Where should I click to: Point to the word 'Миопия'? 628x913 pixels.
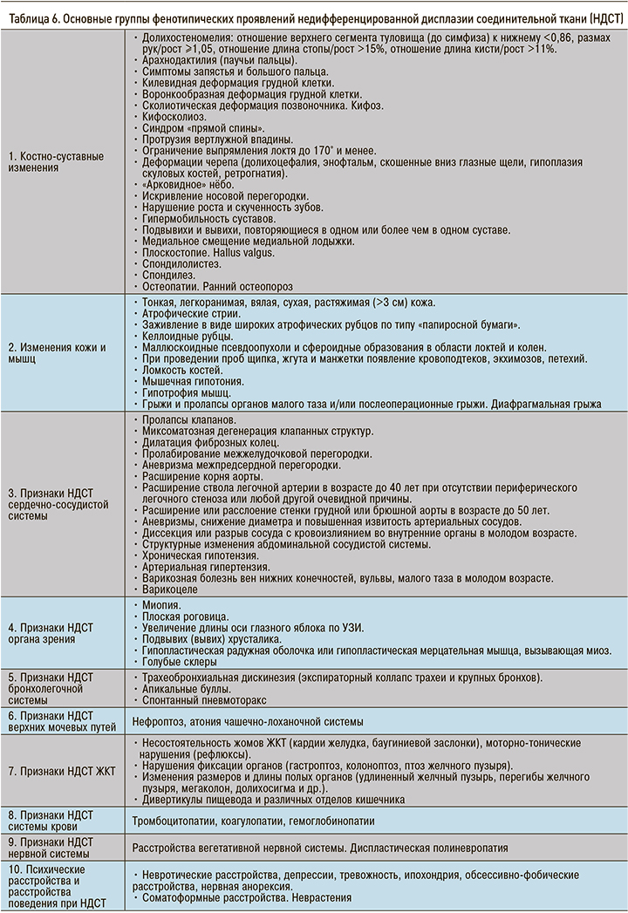click(160, 604)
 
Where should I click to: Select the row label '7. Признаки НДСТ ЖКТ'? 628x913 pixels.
click(61, 771)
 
